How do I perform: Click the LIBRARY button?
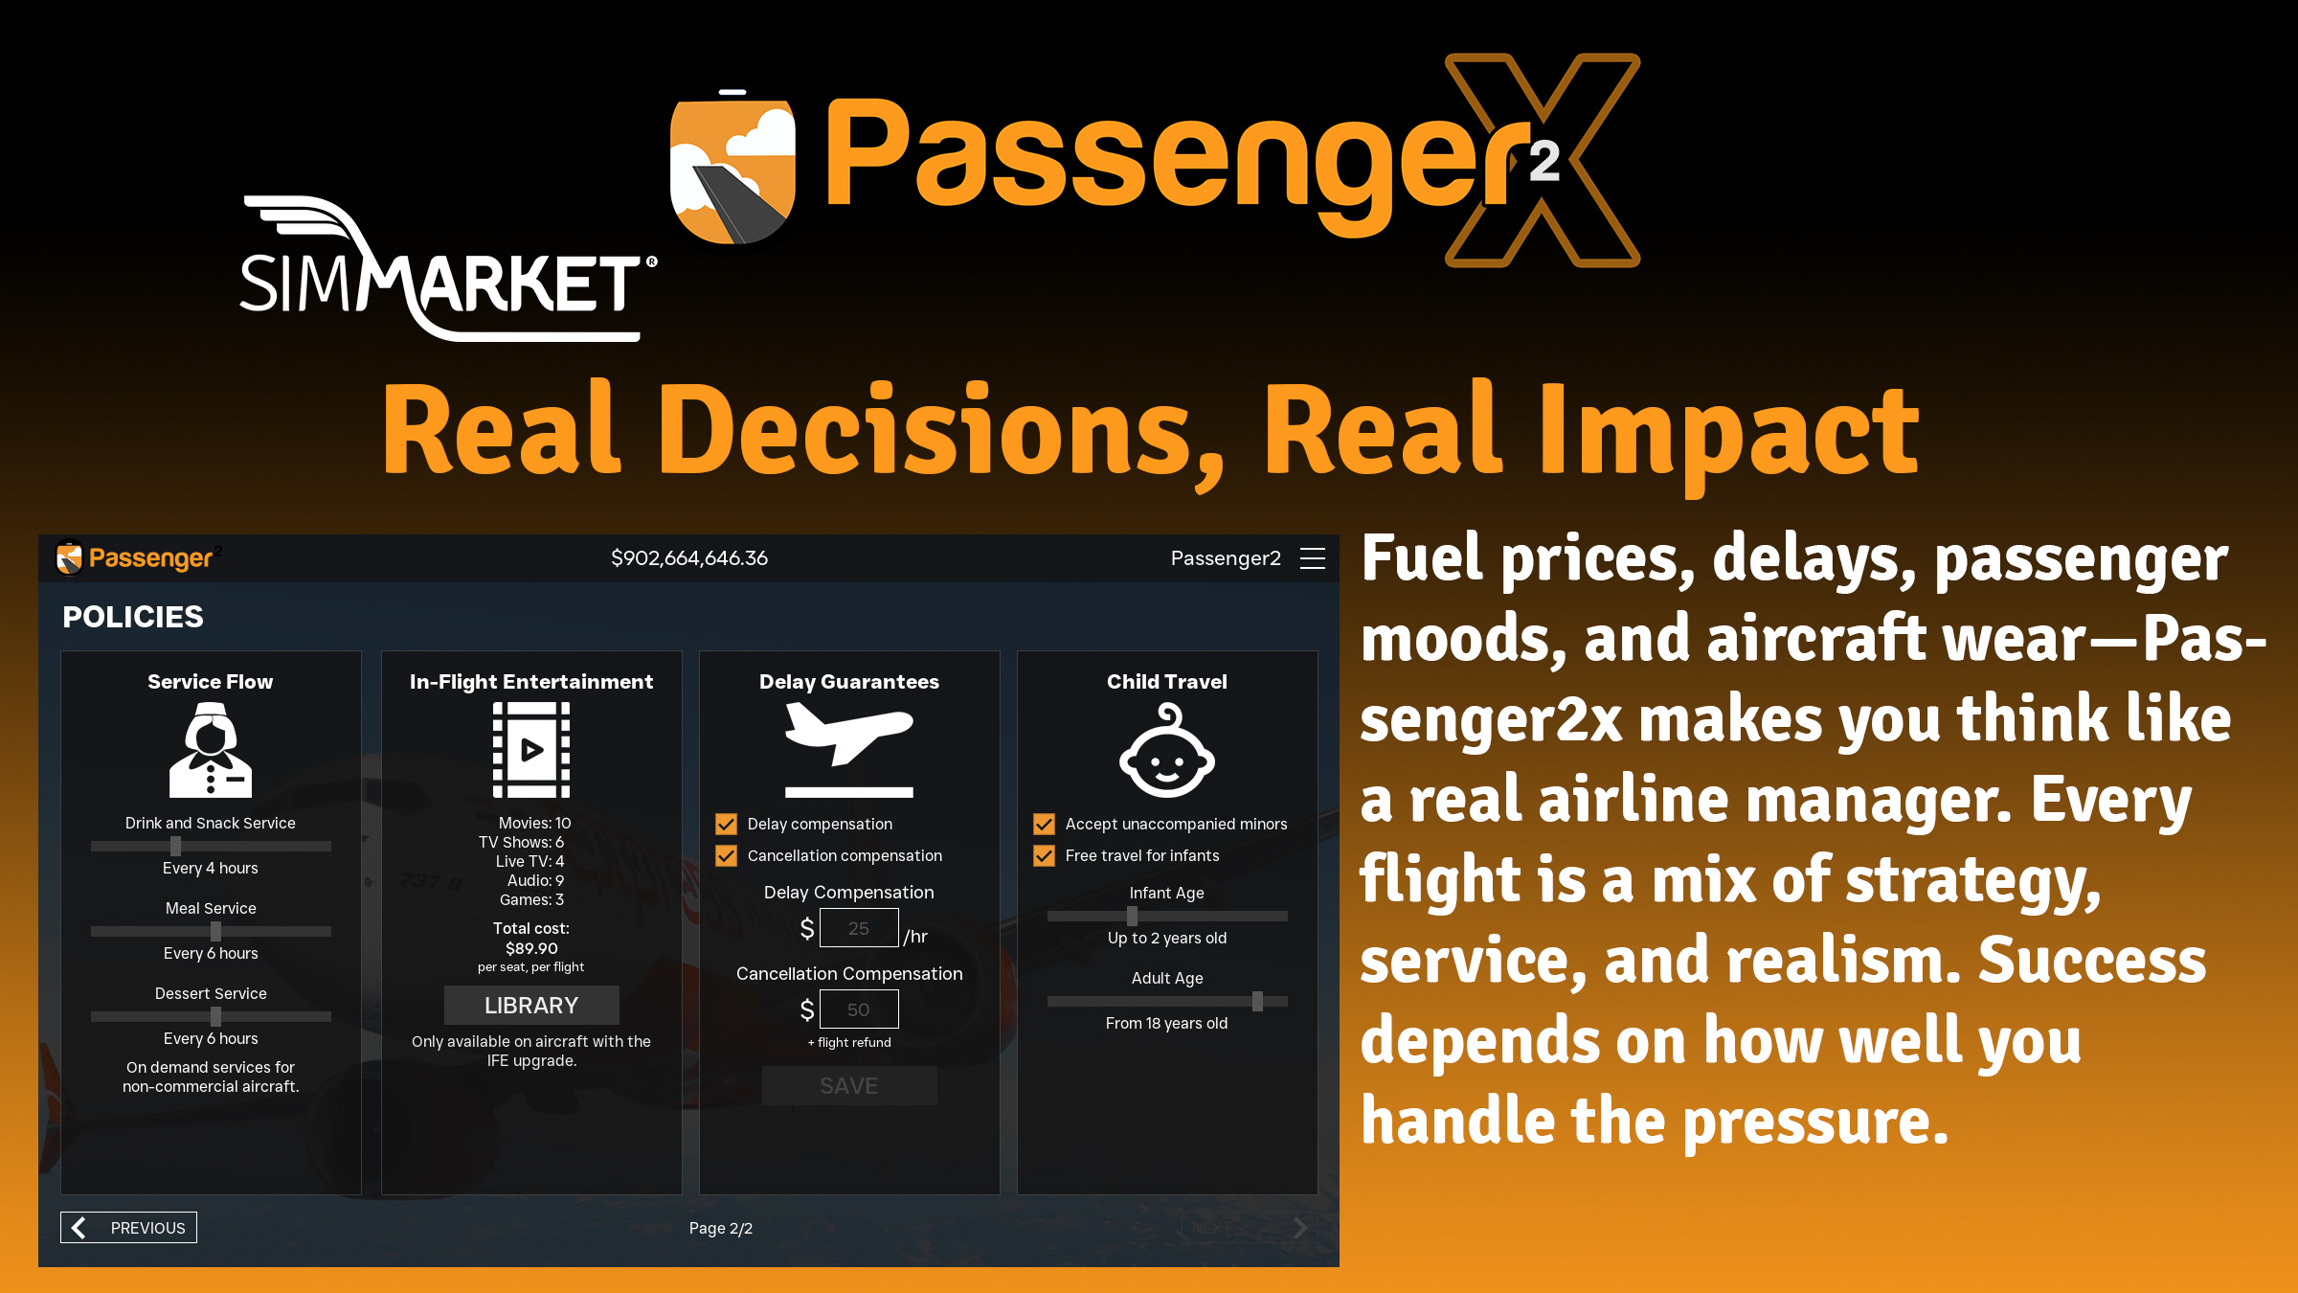coord(531,1005)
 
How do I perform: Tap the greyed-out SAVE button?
coord(849,1085)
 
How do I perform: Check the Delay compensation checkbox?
coord(727,824)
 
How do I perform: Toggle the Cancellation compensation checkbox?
coord(727,855)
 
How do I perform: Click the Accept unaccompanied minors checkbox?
coord(1045,824)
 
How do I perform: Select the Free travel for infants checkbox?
coord(1045,855)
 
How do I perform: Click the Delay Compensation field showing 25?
coord(859,928)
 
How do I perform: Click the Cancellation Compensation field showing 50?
coord(859,1009)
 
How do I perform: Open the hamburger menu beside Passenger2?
coord(1313,558)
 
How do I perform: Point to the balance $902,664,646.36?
coord(689,558)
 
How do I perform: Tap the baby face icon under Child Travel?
coord(1167,751)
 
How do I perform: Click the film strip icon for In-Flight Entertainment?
coord(531,750)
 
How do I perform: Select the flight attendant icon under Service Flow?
coord(211,750)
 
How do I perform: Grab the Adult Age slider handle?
coord(1257,1001)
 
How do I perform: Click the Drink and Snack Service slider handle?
coord(175,846)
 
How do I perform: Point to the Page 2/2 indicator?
coord(721,1228)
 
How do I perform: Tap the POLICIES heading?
coord(133,617)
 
